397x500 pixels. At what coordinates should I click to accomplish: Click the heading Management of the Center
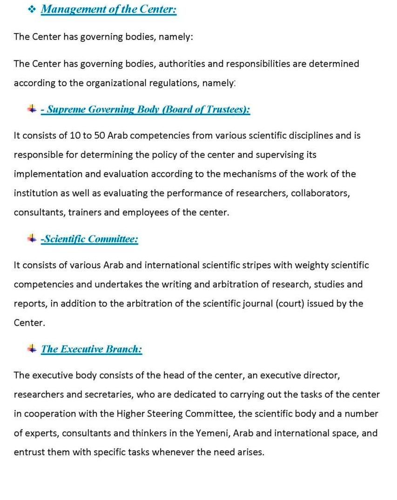[108, 9]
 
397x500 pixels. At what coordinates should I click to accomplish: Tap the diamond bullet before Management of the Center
[32, 9]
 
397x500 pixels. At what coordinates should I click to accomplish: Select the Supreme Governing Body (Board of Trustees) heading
[145, 110]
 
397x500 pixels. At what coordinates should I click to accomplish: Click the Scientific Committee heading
[89, 239]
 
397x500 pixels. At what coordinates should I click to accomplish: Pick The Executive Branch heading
[91, 349]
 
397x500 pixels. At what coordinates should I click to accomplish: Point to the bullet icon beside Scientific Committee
[32, 239]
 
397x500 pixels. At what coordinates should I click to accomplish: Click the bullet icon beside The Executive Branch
[32, 348]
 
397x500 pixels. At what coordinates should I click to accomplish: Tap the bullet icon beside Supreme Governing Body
[32, 109]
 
